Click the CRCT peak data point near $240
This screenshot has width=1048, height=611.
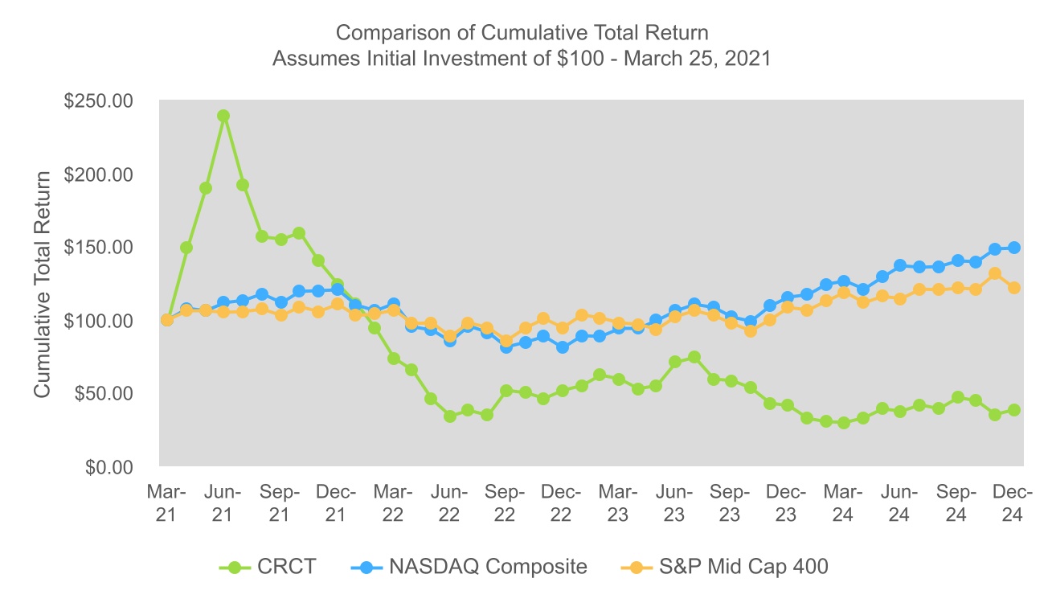point(223,116)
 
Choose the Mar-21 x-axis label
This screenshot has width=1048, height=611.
point(166,503)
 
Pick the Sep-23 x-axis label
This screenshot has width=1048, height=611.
point(730,503)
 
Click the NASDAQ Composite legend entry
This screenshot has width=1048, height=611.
point(469,567)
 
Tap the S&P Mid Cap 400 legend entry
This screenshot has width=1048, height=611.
point(725,567)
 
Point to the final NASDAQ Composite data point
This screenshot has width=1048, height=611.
point(1014,248)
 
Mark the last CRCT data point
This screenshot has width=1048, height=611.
point(1014,410)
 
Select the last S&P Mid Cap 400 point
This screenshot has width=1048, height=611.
point(1014,288)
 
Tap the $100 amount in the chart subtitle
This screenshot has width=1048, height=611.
point(589,59)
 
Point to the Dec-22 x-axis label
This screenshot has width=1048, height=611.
point(561,503)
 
